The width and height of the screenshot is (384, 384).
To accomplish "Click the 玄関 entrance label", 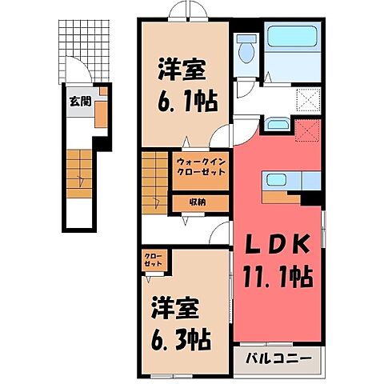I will click(x=78, y=102).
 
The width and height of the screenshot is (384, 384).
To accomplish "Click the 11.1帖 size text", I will click(x=278, y=278).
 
